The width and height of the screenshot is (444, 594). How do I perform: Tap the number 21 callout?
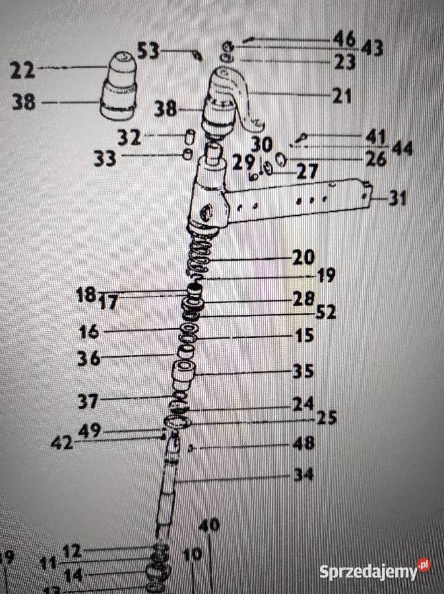pos(342,96)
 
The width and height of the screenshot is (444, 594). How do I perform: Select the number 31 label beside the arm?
pos(397,198)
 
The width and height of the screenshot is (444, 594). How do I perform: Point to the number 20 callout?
pos(303,256)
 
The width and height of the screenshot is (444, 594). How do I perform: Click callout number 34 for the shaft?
pos(304,475)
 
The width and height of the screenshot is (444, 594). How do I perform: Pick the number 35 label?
pos(303,371)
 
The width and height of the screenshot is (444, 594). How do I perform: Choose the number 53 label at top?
pos(149,50)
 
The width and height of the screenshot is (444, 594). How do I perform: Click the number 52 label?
pos(325,313)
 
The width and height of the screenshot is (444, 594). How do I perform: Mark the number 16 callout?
pos(90,330)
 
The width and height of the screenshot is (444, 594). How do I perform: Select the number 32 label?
pos(129,137)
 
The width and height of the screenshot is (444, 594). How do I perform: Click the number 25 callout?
pos(327,418)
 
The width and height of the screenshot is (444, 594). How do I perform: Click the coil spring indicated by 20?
pos(200,257)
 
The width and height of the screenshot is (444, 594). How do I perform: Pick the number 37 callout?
pos(88,400)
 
